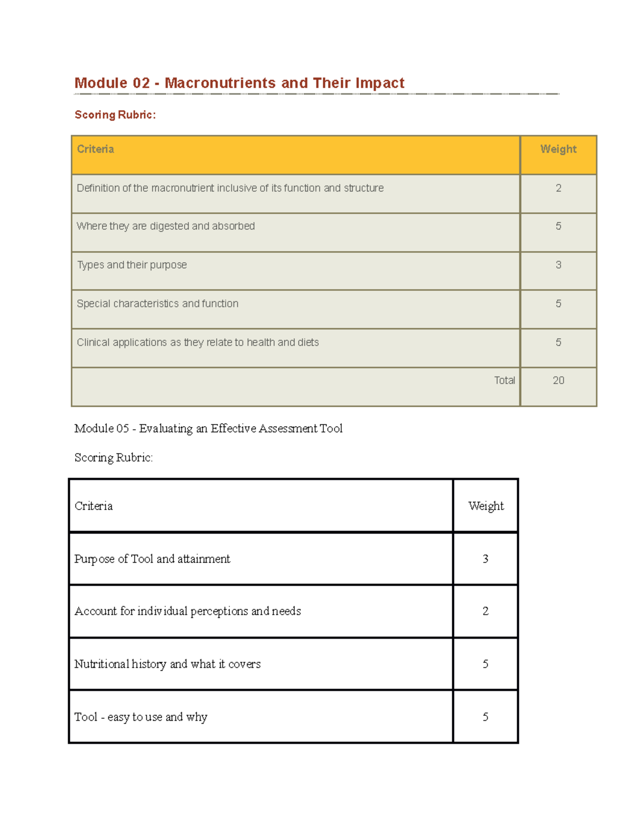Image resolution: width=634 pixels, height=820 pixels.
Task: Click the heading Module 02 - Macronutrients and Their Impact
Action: tap(239, 83)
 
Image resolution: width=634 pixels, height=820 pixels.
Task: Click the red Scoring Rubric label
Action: tap(115, 115)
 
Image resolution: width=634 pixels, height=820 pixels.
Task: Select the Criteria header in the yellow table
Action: tap(96, 149)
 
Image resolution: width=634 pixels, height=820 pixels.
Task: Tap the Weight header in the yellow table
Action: tap(558, 149)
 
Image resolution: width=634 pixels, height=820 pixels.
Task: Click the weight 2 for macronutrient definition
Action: tap(558, 188)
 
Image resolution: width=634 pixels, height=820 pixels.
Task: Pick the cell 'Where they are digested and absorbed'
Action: tap(166, 226)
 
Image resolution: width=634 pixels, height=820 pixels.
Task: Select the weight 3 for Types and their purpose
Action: tap(558, 265)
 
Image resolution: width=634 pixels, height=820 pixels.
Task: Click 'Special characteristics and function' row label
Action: tap(157, 304)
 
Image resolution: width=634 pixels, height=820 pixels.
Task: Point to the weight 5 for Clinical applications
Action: tap(558, 342)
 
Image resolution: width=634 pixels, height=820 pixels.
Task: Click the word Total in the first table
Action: tap(504, 380)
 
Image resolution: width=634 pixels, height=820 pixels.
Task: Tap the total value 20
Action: tap(558, 380)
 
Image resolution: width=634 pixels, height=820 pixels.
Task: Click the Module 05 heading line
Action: tap(208, 428)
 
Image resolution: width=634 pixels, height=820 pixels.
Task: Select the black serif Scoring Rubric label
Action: tap(114, 457)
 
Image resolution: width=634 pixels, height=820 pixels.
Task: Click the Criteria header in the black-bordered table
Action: tap(94, 506)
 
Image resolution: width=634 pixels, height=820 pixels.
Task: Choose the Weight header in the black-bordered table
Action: tap(486, 506)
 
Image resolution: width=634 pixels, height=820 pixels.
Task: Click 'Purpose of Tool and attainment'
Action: tap(152, 559)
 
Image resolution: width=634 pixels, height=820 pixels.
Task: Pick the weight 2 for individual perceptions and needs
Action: tap(486, 611)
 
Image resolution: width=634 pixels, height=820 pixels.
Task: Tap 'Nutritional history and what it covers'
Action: tap(167, 664)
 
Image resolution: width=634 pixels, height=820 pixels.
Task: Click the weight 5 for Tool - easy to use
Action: tap(486, 717)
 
